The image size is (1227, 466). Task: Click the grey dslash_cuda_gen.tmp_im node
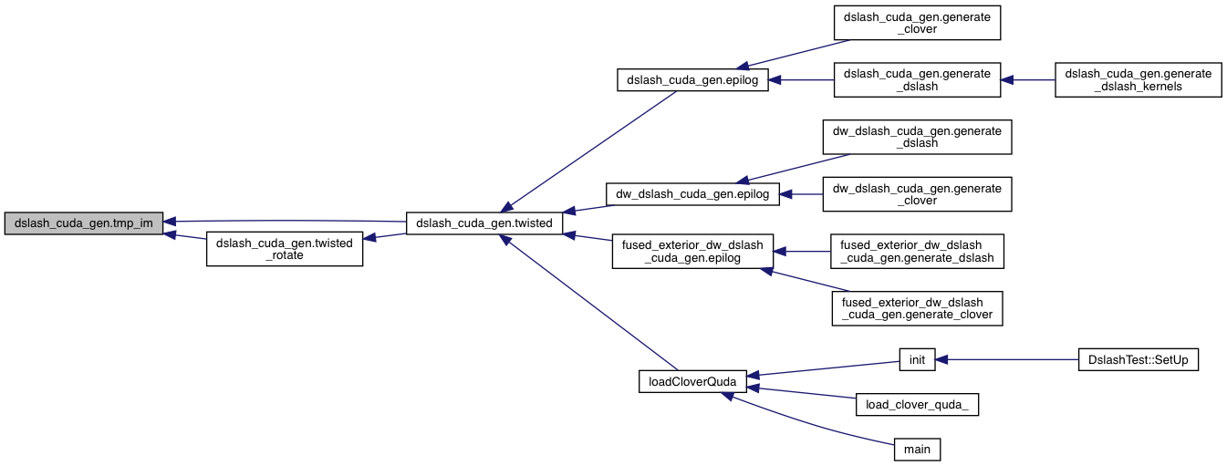click(84, 223)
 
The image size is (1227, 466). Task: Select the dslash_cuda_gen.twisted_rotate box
click(285, 248)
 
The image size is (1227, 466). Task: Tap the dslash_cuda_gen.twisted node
click(484, 223)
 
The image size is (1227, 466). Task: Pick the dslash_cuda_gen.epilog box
click(692, 80)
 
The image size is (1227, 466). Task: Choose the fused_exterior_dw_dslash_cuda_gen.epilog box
click(692, 251)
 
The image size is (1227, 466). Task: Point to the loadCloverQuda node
click(692, 381)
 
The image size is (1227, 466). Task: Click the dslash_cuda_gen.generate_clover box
click(918, 23)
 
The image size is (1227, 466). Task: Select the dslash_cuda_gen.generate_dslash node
click(918, 80)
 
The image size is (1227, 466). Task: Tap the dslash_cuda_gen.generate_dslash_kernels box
click(1137, 80)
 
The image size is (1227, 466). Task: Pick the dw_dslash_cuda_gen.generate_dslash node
click(918, 137)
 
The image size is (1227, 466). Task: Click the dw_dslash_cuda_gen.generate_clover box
click(918, 193)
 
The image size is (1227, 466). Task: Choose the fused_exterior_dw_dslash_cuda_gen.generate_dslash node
click(918, 251)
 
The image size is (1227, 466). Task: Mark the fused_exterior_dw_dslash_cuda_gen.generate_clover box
click(918, 308)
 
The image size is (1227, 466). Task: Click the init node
click(918, 360)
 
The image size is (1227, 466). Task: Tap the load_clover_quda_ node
click(918, 405)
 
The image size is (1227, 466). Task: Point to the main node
click(918, 449)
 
